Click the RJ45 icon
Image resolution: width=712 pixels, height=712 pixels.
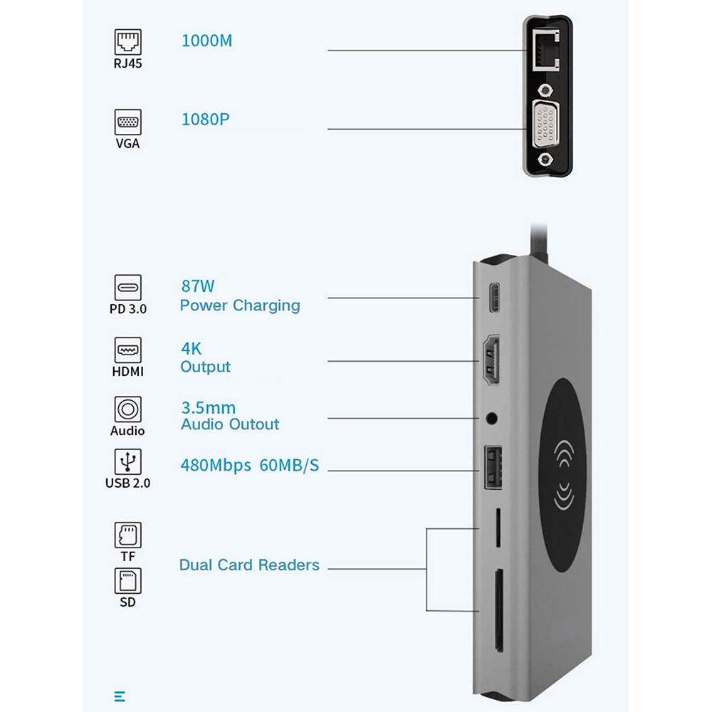(128, 42)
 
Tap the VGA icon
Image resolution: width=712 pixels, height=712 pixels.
(128, 122)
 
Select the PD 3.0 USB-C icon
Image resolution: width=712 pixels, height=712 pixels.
(128, 288)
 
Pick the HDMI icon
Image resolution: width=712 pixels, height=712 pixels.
(128, 350)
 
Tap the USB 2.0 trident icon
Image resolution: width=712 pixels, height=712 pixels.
(128, 461)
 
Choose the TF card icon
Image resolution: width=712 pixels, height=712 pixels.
(128, 535)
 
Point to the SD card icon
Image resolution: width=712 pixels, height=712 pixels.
(128, 581)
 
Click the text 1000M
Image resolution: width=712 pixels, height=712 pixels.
(206, 41)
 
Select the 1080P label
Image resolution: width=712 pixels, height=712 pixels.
(206, 119)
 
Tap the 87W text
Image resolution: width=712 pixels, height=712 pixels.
(198, 287)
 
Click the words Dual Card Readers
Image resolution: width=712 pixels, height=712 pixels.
(249, 565)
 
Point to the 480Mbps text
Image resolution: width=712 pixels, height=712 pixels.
(216, 466)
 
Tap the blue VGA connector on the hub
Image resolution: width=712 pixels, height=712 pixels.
(546, 128)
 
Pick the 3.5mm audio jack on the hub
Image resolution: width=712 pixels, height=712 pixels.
(491, 418)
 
